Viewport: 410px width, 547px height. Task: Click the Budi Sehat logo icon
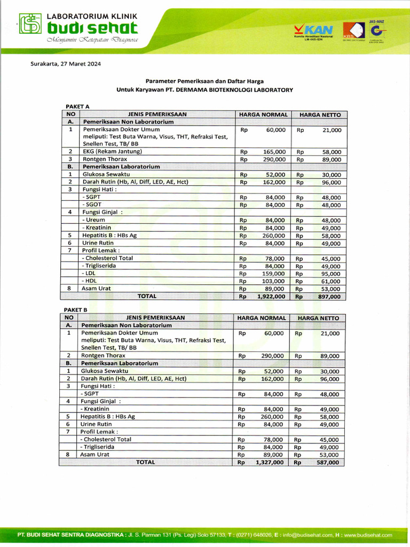(30, 24)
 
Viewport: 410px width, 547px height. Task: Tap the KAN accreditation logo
(313, 31)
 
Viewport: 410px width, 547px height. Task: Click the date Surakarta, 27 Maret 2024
(65, 64)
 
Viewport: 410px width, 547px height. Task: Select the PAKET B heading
(76, 309)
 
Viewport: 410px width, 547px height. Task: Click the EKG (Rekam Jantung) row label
(112, 152)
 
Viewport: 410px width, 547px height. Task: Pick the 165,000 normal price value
(274, 152)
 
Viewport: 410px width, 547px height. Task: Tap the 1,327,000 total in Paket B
(269, 463)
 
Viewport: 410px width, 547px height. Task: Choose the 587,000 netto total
(327, 463)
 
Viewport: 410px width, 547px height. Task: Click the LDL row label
(89, 273)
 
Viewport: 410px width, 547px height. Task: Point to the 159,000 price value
(273, 273)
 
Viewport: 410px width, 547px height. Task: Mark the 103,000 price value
(273, 281)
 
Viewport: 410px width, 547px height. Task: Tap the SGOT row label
(91, 205)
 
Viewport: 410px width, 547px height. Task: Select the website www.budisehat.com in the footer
(368, 535)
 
